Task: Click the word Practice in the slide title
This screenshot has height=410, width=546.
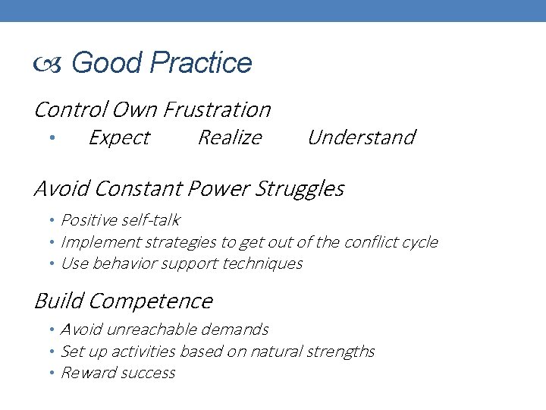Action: pos(201,63)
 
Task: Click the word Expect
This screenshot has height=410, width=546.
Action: pos(119,137)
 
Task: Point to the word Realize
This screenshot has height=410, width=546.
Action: pos(229,137)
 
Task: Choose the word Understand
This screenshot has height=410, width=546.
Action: pos(361,137)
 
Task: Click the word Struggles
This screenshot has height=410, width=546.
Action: pos(303,188)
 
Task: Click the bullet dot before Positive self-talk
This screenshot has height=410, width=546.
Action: pos(53,221)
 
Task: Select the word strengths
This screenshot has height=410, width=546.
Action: pos(344,352)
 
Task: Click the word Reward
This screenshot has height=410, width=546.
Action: pos(86,373)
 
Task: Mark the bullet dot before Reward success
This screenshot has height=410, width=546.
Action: pos(53,374)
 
